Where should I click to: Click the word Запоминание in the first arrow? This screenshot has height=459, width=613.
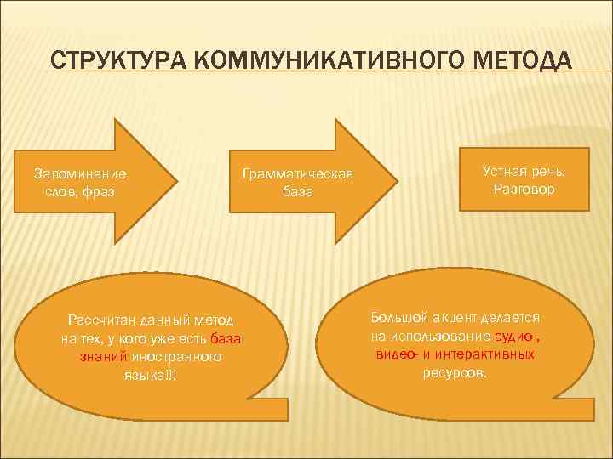(x=80, y=173)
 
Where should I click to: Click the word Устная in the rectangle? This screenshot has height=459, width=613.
(x=503, y=171)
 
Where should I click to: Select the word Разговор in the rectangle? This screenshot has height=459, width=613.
(x=524, y=189)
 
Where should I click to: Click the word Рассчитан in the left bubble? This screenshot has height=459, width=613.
(x=96, y=320)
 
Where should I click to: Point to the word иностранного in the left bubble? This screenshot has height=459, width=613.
(x=176, y=357)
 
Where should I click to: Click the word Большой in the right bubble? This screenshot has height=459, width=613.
(x=398, y=317)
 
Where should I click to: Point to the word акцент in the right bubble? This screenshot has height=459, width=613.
(x=452, y=317)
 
